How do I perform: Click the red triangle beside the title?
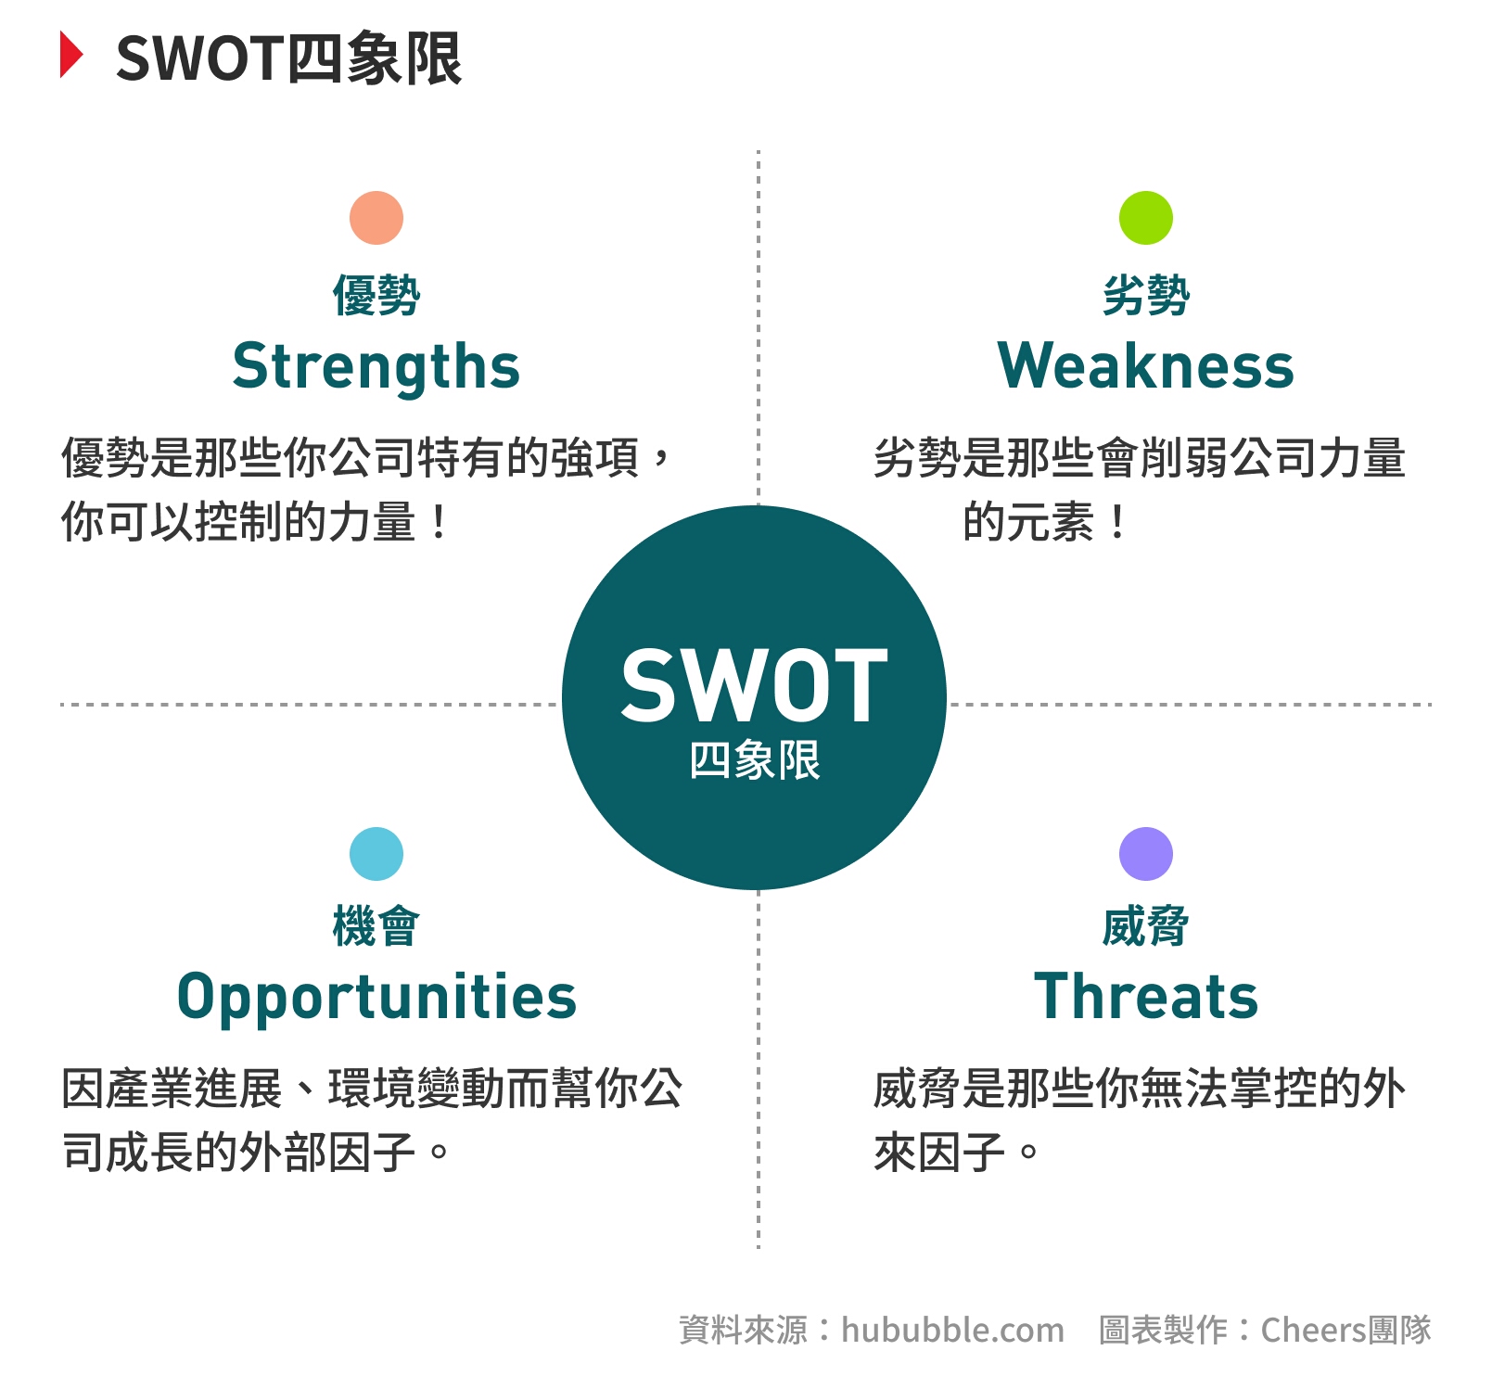click(71, 55)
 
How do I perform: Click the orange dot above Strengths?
click(376, 218)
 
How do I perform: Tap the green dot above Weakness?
click(1146, 218)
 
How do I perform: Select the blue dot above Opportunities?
click(376, 854)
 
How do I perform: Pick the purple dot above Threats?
click(1146, 854)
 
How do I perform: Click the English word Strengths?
click(376, 367)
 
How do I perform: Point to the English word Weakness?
click(1146, 365)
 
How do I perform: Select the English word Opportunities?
click(376, 998)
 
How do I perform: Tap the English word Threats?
click(1146, 996)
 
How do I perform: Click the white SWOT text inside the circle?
click(755, 685)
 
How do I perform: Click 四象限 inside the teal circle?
click(755, 760)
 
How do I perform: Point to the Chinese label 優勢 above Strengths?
click(376, 296)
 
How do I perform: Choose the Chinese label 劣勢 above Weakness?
click(1146, 296)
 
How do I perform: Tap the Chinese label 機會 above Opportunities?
click(376, 926)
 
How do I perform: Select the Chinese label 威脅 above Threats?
click(1146, 926)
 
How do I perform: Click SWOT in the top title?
click(199, 58)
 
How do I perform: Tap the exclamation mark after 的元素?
click(1118, 522)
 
